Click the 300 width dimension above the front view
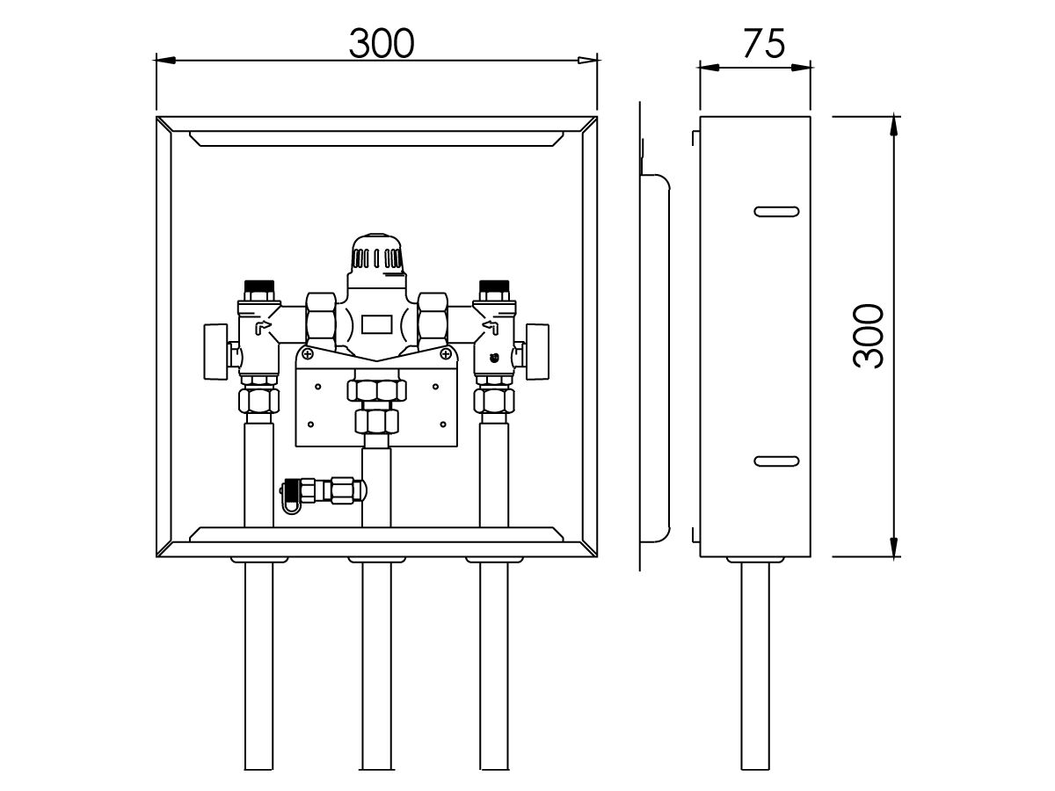(381, 43)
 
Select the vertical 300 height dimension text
(867, 336)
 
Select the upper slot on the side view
(777, 211)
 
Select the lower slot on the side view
(777, 461)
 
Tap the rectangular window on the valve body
(377, 324)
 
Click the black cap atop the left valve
(258, 287)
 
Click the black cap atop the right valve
(492, 287)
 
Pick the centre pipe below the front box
(376, 668)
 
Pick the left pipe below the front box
(258, 668)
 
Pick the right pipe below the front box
(493, 668)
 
